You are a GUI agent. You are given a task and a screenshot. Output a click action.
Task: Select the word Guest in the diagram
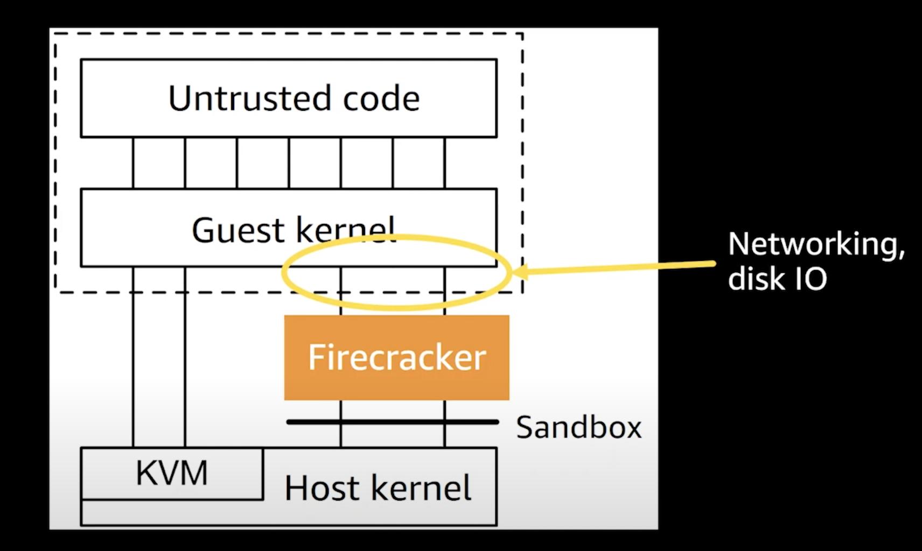click(238, 230)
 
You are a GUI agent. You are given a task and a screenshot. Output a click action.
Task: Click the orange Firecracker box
click(396, 357)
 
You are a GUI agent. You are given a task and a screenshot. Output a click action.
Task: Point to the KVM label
click(172, 473)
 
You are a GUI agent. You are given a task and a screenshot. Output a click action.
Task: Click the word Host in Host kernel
click(322, 488)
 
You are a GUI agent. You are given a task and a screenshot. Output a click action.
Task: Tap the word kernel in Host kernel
click(421, 488)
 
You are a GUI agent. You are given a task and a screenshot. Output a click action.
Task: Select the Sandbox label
click(579, 428)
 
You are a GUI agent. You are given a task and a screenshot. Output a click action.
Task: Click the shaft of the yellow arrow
click(619, 267)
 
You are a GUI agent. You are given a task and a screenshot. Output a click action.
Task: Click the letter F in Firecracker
click(316, 357)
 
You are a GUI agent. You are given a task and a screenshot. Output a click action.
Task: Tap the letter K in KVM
click(145, 473)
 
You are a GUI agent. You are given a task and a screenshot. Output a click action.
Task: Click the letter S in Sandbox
click(526, 428)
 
